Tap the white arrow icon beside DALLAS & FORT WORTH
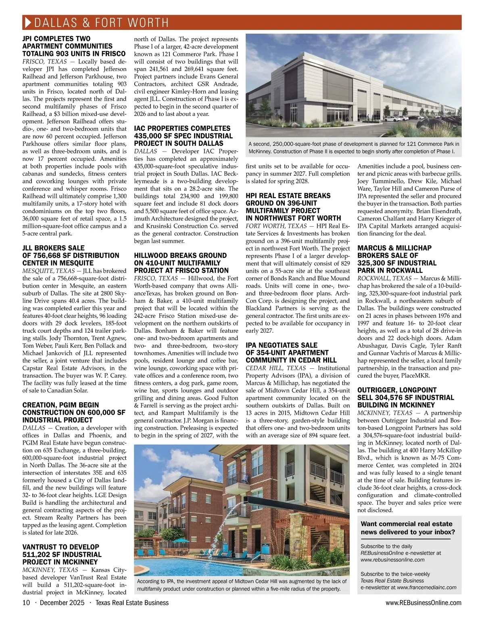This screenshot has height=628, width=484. point(28,22)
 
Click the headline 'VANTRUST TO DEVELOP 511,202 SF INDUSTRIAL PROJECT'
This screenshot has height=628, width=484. point(63,554)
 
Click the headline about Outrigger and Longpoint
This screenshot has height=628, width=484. point(406,397)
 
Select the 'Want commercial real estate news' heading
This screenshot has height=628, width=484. point(408,528)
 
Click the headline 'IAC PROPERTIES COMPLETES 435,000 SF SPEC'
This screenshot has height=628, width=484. point(183,136)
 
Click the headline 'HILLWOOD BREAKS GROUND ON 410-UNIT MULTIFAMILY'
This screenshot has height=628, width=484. point(181,263)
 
